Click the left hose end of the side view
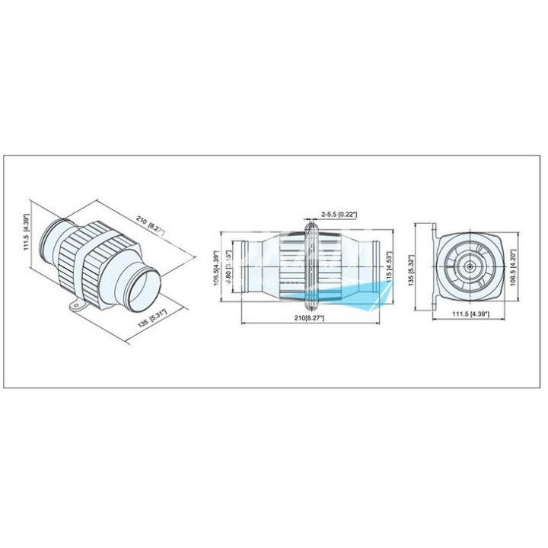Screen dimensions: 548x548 pos(245,268)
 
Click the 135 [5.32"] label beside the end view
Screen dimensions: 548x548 pos(413,267)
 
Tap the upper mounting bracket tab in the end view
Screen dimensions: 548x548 pos(435,230)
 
